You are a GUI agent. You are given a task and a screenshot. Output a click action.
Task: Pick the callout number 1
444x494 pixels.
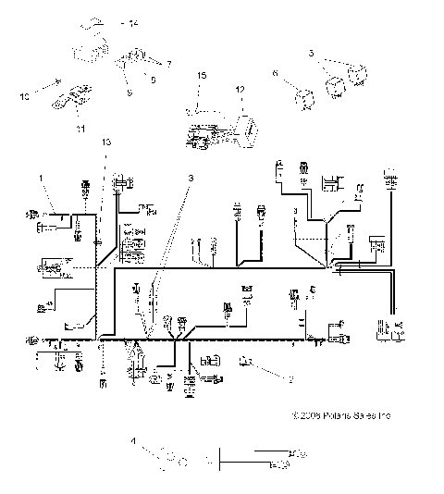pyautogui.click(x=41, y=176)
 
